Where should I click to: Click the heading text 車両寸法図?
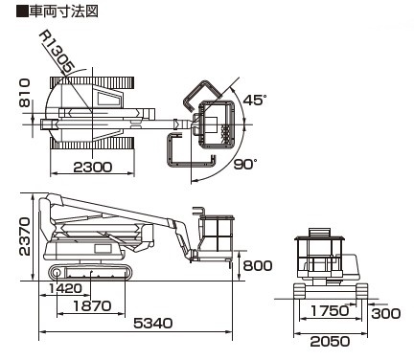click(x=63, y=11)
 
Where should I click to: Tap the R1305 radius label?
click(x=57, y=52)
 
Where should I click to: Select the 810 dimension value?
click(x=25, y=93)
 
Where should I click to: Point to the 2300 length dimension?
click(x=93, y=167)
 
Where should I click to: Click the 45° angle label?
click(x=254, y=100)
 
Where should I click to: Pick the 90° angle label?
click(x=245, y=165)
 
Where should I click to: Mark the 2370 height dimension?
click(x=25, y=236)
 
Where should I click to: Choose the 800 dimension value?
click(x=258, y=265)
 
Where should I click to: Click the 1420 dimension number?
click(x=65, y=288)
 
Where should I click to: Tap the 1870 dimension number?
click(x=92, y=306)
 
